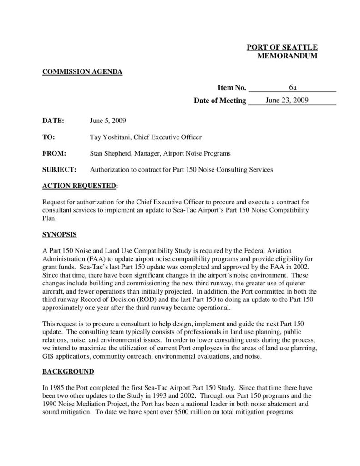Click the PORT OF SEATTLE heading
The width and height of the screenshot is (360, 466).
pyautogui.click(x=282, y=48)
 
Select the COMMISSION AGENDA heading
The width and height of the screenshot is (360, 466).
pyautogui.click(x=82, y=71)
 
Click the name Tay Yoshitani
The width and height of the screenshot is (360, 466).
pyautogui.click(x=111, y=137)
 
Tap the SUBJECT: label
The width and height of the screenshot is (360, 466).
pyautogui.click(x=59, y=170)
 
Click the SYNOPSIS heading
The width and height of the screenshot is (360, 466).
pyautogui.click(x=59, y=235)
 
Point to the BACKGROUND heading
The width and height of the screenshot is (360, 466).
pyautogui.click(x=68, y=372)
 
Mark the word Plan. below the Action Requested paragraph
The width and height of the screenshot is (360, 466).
pyautogui.click(x=49, y=218)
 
